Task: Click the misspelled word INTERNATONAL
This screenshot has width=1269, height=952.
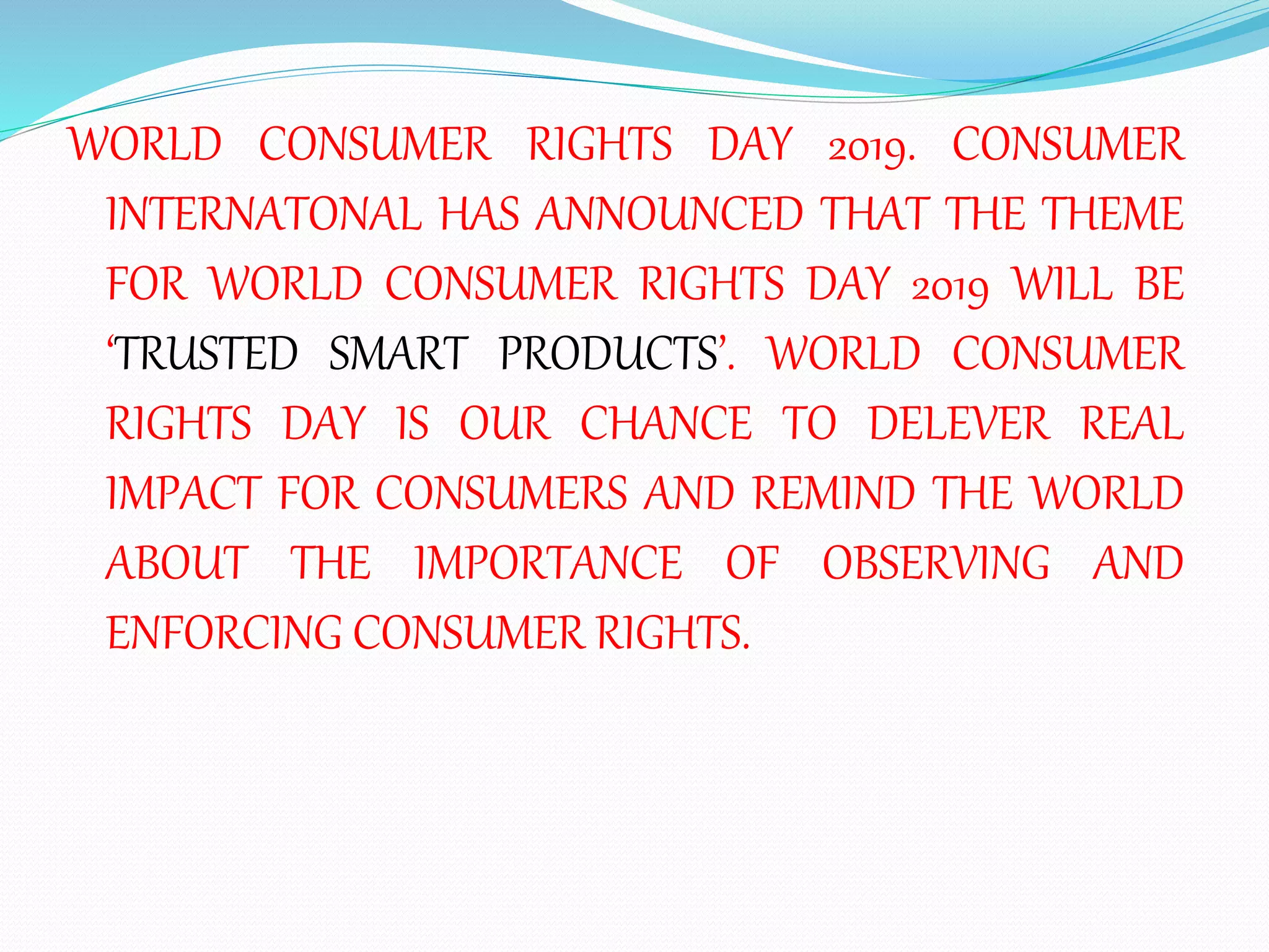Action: [263, 214]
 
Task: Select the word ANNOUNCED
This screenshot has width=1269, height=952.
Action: [669, 214]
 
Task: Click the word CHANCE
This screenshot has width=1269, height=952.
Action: [665, 424]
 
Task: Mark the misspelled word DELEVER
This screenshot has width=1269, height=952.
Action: [959, 424]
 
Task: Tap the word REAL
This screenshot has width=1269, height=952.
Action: [1132, 424]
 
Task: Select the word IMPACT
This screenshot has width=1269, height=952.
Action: [183, 494]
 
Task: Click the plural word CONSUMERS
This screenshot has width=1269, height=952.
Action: [501, 494]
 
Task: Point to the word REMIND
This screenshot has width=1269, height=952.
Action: [834, 494]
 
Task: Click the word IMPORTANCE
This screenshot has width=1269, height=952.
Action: [548, 563]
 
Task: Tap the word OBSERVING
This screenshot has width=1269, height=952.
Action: [936, 563]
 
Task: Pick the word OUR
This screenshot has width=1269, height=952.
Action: [504, 424]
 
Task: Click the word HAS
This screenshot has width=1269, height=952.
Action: [479, 214]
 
